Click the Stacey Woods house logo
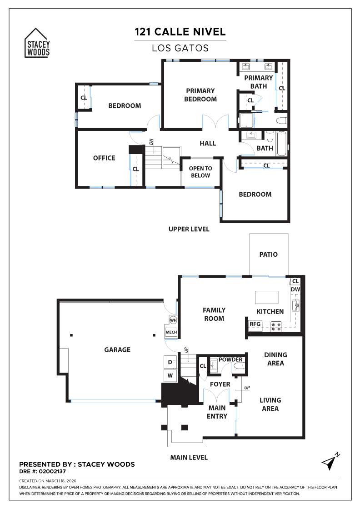coord(37,43)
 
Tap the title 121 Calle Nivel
coord(180,32)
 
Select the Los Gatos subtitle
coord(180,48)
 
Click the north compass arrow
coord(330,461)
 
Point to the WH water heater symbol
coord(173,320)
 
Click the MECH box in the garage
coord(171,333)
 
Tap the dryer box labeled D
coord(170,362)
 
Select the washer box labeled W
coord(170,376)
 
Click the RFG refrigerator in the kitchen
coord(255,324)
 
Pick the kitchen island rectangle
coord(267,297)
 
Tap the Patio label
coord(269,254)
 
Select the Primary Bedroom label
coord(200,95)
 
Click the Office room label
coord(104,158)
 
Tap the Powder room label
coord(230,359)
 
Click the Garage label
coord(117,349)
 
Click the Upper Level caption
coord(189,229)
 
